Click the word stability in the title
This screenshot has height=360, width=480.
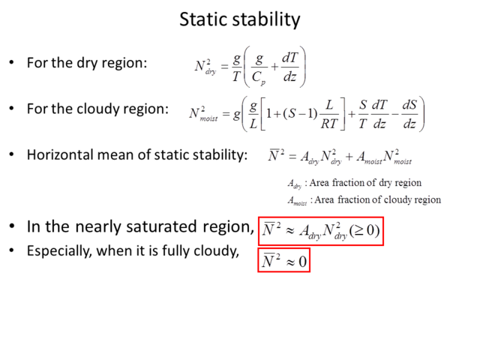267,20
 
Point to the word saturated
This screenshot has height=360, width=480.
161,226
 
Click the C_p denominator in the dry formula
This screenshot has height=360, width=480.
259,78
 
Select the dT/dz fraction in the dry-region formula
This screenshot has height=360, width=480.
290,67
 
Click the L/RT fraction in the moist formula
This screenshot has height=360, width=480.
329,114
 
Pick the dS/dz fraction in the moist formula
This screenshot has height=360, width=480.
409,114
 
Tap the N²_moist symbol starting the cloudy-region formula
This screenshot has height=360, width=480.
203,114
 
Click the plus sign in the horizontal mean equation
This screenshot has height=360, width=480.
349,157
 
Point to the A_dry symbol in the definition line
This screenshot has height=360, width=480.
295,183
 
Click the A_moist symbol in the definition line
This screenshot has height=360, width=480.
297,201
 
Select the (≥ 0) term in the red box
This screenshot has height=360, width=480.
364,230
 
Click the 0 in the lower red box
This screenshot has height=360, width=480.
302,262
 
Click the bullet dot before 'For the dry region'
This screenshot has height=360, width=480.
12,63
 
